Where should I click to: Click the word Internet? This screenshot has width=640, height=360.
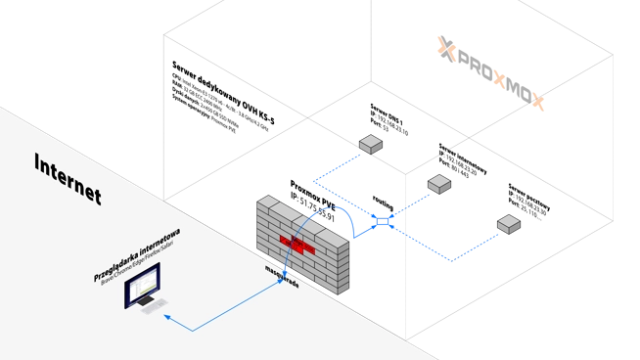click(67, 179)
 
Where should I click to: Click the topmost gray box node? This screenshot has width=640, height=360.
click(370, 145)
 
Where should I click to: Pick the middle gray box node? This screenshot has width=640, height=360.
click(438, 183)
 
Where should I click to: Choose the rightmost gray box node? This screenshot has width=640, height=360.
click(508, 224)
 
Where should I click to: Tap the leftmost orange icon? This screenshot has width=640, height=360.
click(445, 46)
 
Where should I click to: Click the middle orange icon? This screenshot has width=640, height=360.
click(500, 78)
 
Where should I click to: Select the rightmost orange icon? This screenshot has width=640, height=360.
click(538, 100)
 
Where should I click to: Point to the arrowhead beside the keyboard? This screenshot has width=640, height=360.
click(166, 317)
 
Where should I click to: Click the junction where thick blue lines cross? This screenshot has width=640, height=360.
click(384, 223)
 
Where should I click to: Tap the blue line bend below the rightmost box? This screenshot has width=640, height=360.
click(450, 260)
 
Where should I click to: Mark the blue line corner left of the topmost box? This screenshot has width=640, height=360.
click(316, 181)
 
